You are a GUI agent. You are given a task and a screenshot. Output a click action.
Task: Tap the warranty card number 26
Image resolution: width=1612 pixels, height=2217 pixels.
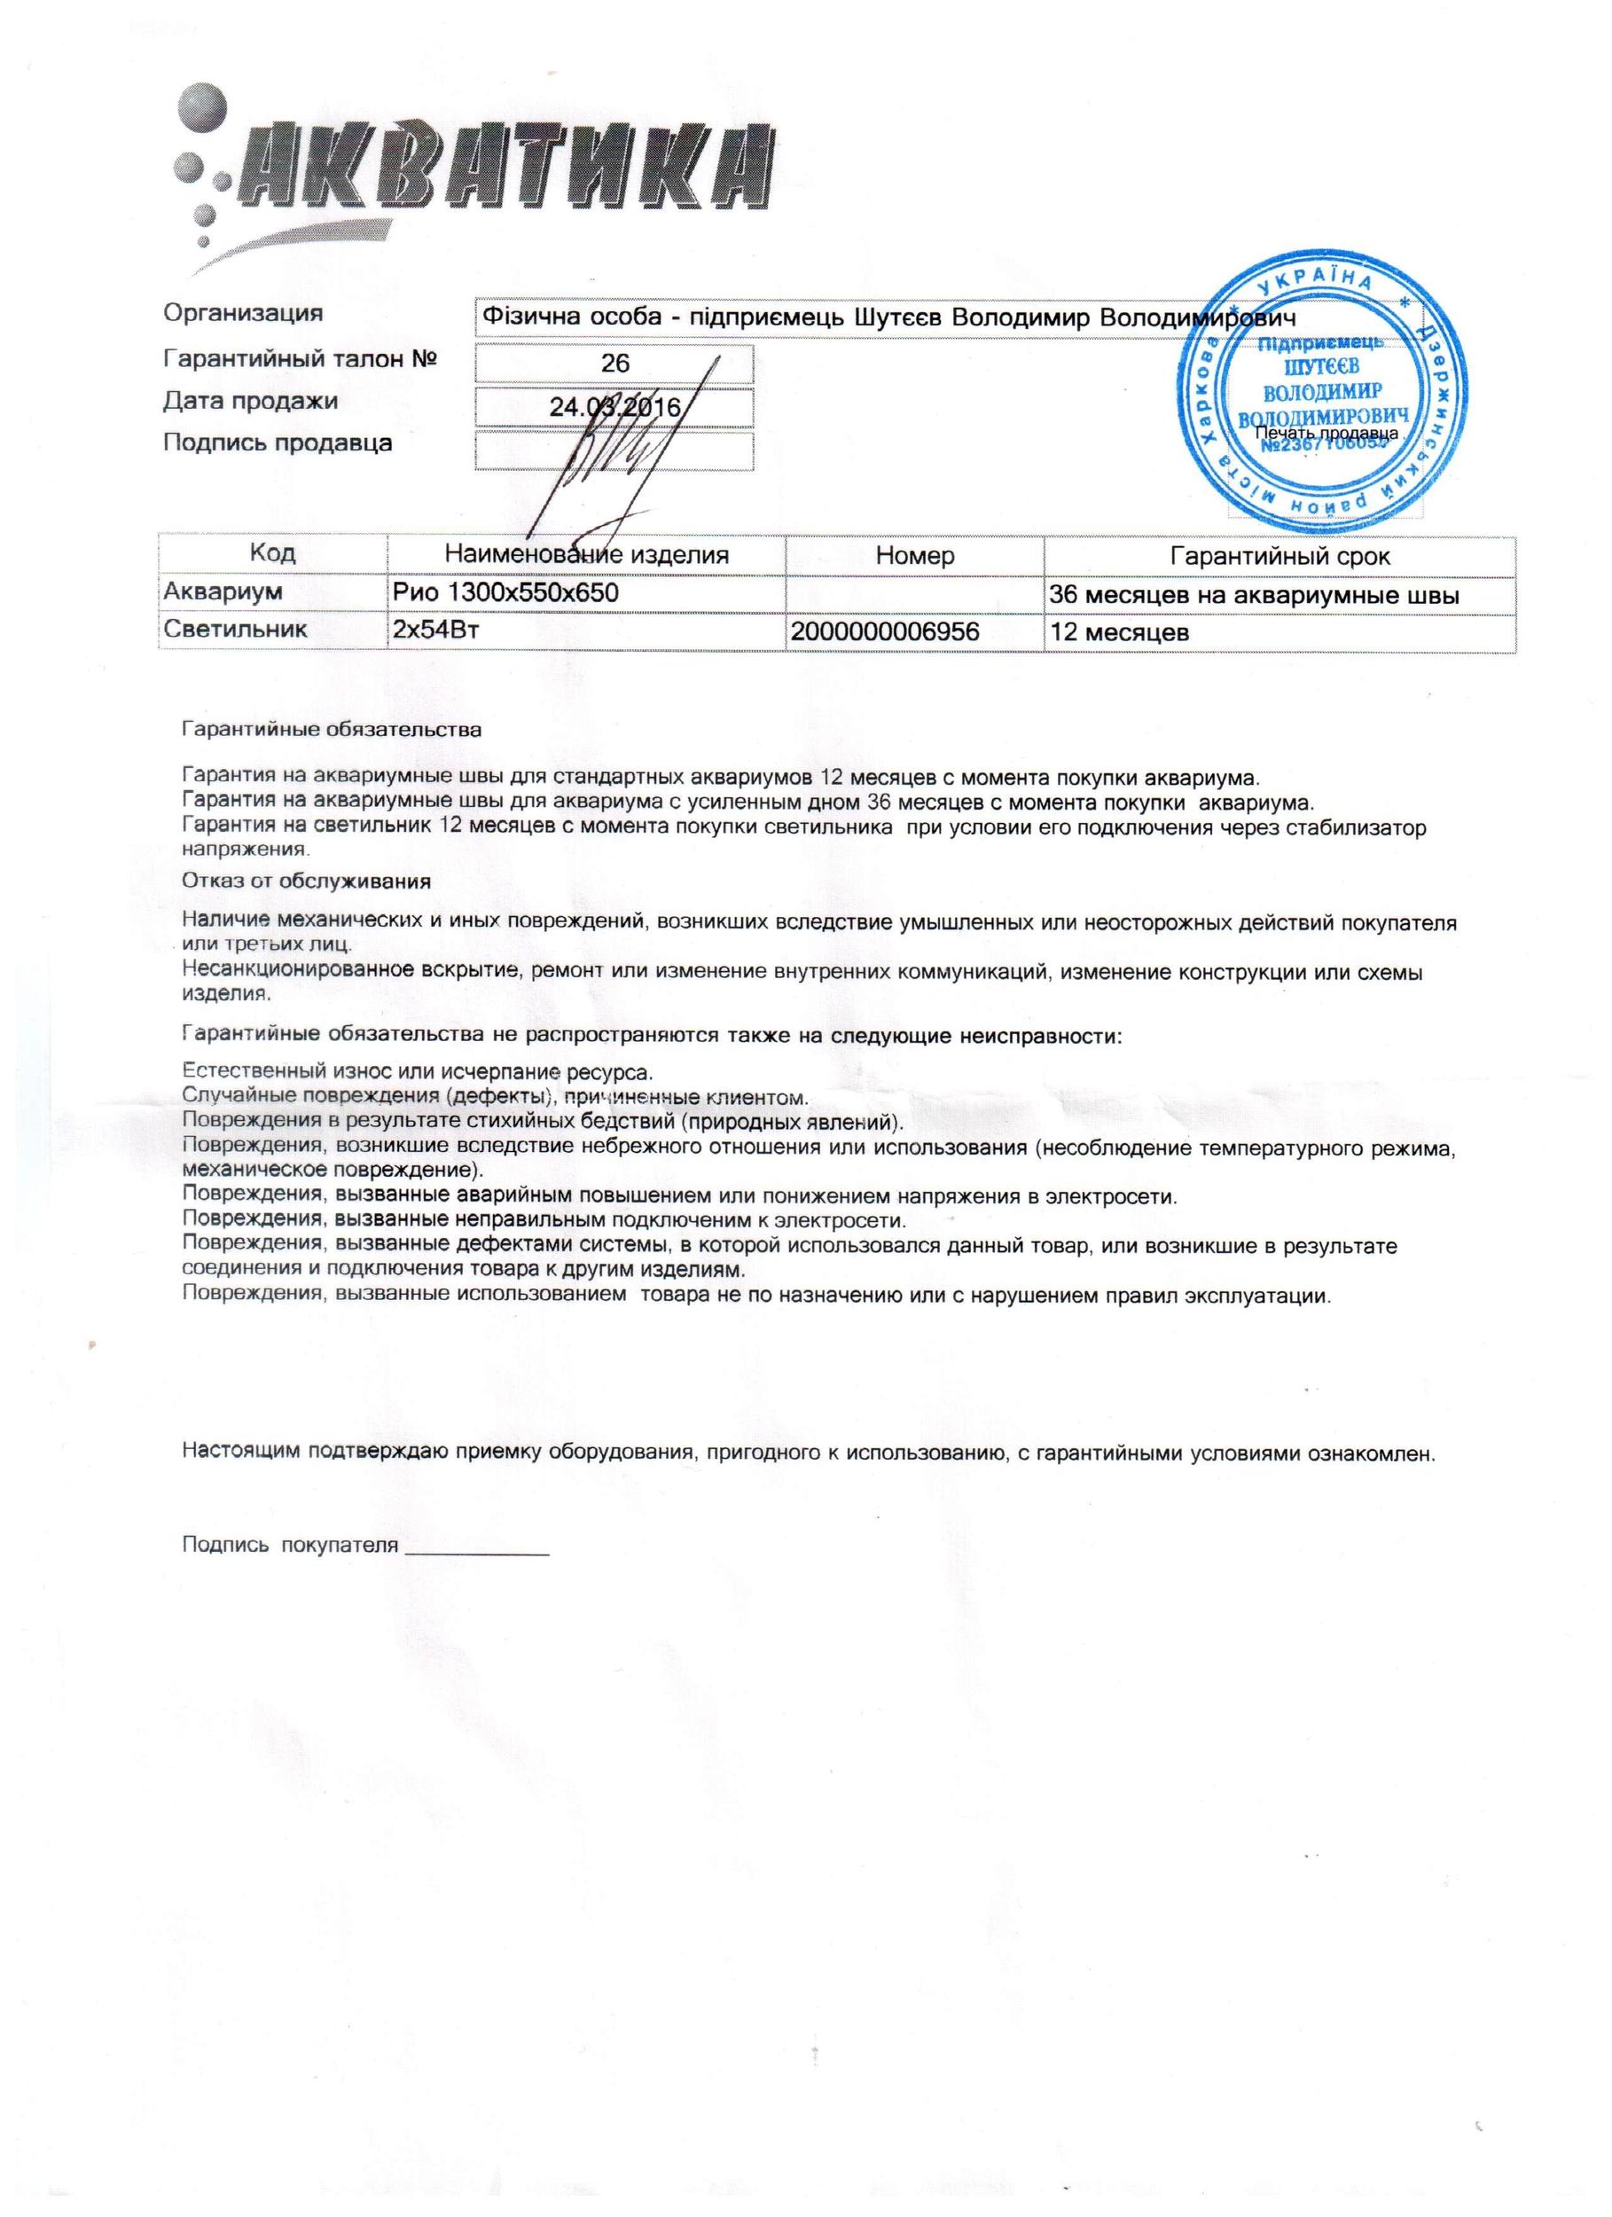click(614, 364)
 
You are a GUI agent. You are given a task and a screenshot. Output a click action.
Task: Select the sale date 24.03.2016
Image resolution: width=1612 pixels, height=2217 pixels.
click(614, 407)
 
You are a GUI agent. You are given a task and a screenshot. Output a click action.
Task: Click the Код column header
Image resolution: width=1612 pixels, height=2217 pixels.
click(273, 553)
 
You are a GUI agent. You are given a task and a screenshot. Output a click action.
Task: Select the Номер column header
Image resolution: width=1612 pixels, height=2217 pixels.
click(914, 556)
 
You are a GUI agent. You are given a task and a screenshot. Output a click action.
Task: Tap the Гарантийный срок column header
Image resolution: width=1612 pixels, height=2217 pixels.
click(1279, 557)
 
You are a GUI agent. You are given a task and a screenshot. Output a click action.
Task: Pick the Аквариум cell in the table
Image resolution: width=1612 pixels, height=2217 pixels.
click(223, 591)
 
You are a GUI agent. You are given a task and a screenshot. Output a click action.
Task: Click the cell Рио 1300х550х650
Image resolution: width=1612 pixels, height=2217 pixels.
click(505, 592)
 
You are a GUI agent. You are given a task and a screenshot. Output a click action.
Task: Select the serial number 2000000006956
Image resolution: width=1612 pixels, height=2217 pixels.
click(885, 632)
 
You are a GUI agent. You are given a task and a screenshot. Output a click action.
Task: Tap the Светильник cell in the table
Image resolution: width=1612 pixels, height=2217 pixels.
click(236, 630)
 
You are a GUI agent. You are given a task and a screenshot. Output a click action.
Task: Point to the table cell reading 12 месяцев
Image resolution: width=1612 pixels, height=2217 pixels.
click(1119, 632)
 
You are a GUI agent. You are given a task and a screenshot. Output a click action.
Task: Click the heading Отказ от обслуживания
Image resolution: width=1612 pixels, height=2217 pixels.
click(306, 881)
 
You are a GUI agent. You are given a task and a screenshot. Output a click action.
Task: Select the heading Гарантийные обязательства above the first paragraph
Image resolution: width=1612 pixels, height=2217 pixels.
click(332, 729)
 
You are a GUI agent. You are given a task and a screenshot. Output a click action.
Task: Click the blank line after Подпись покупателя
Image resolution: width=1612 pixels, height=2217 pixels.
click(476, 1546)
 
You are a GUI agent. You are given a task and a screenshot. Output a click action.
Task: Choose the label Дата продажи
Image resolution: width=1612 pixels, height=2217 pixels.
click(250, 401)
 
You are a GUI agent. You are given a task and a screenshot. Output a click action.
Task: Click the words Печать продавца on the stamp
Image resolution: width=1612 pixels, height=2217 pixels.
click(1326, 433)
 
